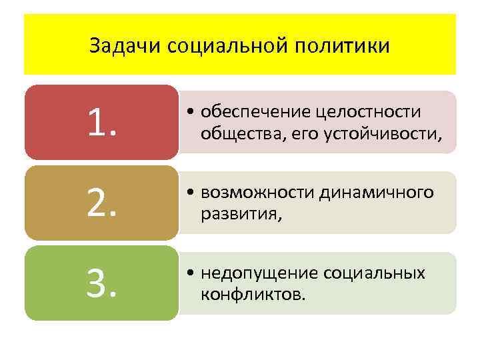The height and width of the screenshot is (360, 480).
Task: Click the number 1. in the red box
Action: coord(101,123)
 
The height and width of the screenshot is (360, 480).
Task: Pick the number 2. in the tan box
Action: coord(101,203)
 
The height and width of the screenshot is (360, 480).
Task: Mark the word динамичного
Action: coord(377,193)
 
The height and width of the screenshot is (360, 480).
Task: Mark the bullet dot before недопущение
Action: coord(191,274)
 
